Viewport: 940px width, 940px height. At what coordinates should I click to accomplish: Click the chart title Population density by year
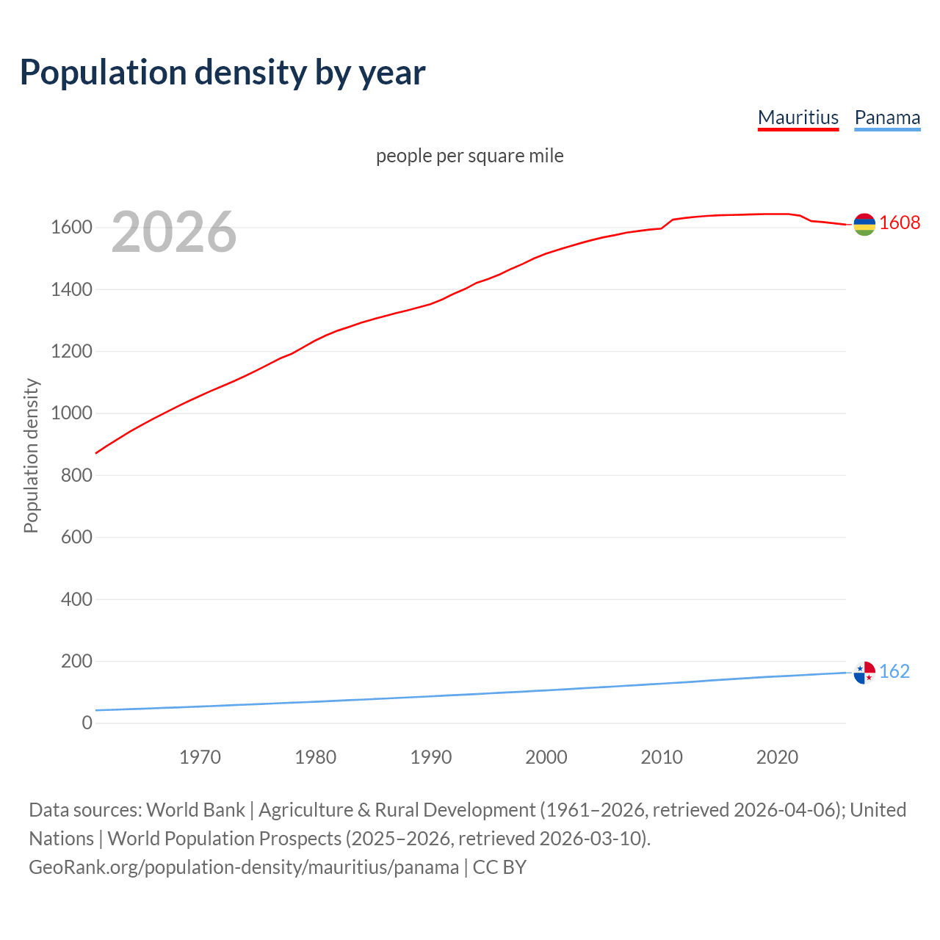(223, 73)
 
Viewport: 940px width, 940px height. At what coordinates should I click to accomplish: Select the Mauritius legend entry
(798, 117)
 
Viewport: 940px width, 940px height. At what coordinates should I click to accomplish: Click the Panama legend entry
(887, 117)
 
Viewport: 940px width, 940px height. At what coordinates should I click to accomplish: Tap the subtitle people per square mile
(469, 156)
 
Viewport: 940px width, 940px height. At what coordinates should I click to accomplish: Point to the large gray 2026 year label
(174, 232)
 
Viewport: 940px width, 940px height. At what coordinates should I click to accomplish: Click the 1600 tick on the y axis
(71, 228)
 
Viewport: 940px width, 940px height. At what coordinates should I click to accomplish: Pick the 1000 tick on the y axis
(71, 413)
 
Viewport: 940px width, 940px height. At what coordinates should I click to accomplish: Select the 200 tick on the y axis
(76, 661)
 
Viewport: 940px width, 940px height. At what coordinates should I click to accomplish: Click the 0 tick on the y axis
(87, 723)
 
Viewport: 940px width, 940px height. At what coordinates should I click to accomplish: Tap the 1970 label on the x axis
(200, 757)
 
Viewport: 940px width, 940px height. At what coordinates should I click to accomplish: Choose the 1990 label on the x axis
(431, 757)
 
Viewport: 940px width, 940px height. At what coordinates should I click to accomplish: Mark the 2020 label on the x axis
(777, 757)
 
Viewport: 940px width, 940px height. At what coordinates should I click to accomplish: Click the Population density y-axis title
(31, 455)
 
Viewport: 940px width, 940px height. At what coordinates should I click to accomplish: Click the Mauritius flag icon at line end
(864, 224)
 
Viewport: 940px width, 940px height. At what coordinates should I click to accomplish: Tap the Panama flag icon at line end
(864, 672)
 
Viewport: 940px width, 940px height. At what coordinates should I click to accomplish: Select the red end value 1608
(900, 223)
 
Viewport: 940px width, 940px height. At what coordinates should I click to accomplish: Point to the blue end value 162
(894, 672)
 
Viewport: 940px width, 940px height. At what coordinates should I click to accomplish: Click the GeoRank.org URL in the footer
(244, 867)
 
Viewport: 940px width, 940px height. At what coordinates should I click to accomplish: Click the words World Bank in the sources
(195, 810)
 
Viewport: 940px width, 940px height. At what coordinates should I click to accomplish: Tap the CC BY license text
(499, 867)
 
